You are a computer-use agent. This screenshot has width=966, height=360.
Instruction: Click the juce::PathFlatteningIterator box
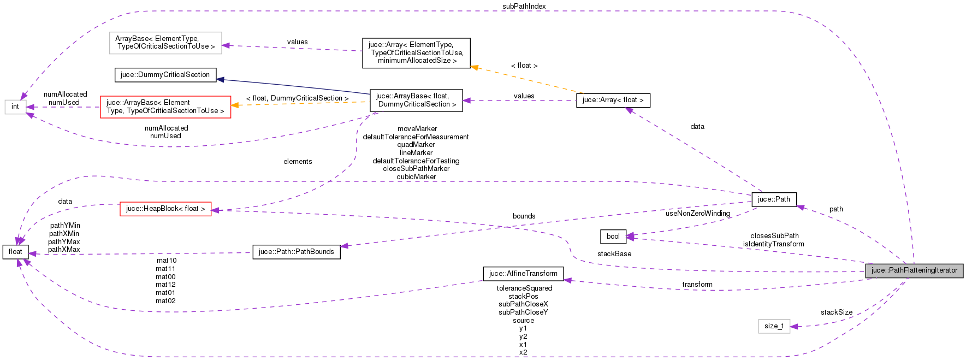[x=914, y=270]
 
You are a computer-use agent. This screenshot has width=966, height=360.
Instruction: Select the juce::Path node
[x=774, y=199]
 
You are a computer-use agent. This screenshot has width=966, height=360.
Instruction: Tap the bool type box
[x=613, y=237]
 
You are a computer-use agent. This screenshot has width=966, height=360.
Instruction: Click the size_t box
[x=774, y=326]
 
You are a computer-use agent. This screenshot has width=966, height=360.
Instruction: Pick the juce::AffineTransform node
[x=523, y=274]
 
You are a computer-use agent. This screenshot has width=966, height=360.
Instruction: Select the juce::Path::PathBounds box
[x=296, y=252]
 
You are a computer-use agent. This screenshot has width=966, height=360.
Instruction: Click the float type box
[x=15, y=252]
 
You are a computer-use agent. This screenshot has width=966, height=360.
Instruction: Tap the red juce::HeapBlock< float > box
[x=165, y=209]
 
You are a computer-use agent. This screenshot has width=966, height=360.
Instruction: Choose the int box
[x=15, y=107]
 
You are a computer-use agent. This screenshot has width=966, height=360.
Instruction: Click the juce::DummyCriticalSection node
[x=165, y=75]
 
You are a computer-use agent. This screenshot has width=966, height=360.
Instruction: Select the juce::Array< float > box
[x=613, y=100]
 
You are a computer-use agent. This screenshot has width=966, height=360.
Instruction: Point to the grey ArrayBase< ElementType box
[x=165, y=43]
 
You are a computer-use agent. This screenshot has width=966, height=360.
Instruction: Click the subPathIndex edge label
[x=524, y=7]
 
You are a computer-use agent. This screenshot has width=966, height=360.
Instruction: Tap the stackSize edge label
[x=836, y=312]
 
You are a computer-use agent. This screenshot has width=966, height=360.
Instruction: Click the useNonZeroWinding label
[x=697, y=214]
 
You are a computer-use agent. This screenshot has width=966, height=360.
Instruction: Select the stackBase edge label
[x=614, y=254]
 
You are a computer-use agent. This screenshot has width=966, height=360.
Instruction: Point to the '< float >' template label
[x=524, y=66]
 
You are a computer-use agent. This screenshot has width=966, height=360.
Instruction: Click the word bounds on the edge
[x=524, y=216]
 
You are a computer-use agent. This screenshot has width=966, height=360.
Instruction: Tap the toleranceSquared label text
[x=524, y=288]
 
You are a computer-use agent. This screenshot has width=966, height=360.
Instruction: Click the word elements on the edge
[x=298, y=162]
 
